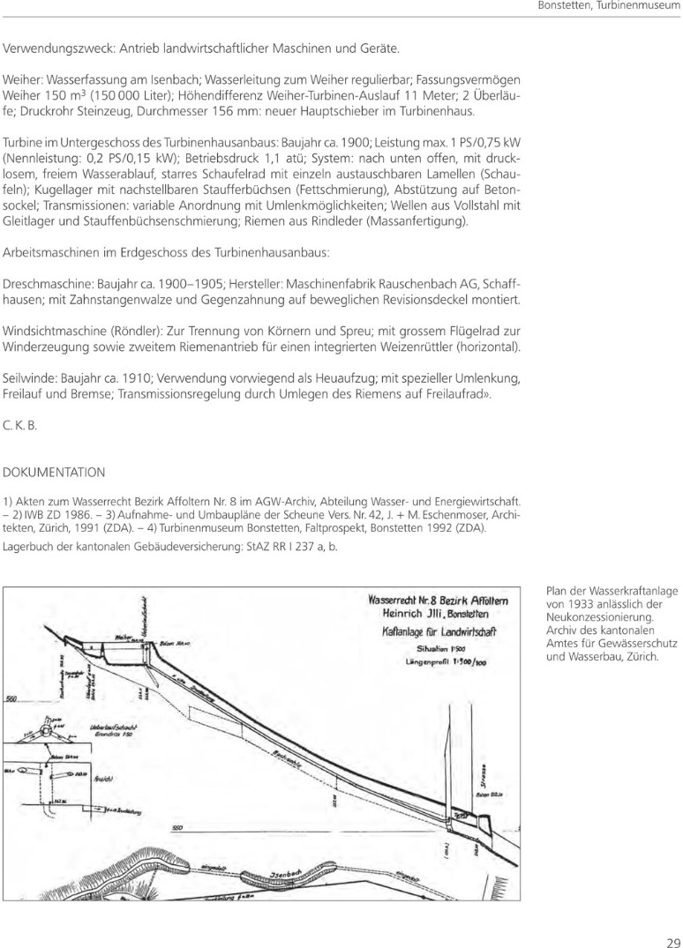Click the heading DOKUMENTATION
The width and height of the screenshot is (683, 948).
tap(55, 472)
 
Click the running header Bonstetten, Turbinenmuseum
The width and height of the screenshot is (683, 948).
tap(610, 8)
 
